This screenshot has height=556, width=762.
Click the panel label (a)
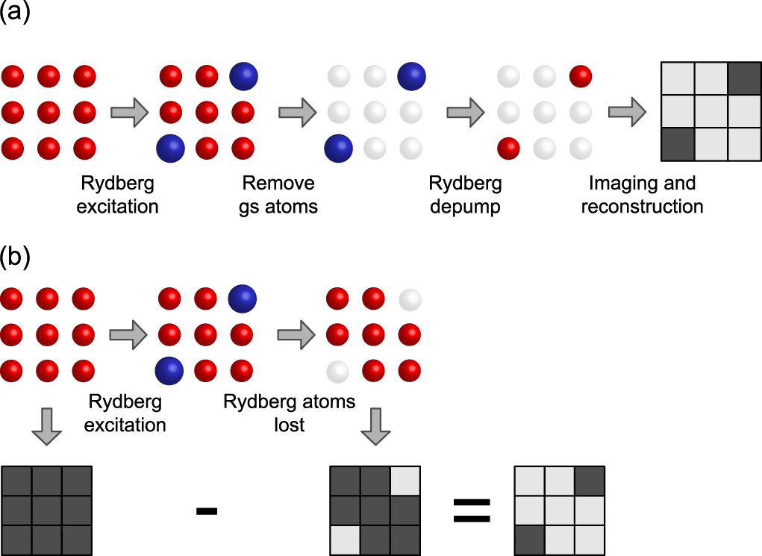(x=14, y=13)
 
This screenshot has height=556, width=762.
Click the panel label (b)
(x=14, y=256)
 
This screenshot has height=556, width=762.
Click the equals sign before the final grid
(x=472, y=510)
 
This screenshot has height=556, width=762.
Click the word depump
(x=465, y=206)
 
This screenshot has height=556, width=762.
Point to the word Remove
(x=278, y=184)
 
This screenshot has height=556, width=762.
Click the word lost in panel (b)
(x=289, y=425)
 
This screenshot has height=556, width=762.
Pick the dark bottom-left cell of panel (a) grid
(x=678, y=143)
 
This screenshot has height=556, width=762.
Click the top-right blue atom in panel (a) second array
(x=243, y=75)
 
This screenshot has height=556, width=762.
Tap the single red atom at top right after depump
(x=580, y=75)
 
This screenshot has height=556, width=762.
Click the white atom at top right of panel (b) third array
(x=410, y=299)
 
